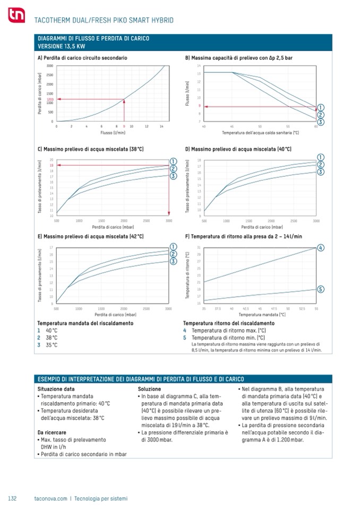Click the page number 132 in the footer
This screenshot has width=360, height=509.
[x=13, y=498]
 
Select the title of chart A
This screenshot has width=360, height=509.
[x=82, y=57]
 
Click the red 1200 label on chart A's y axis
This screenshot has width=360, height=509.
[x=50, y=99]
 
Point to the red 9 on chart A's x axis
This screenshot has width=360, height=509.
[x=124, y=126]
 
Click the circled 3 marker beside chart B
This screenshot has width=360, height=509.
[x=321, y=122]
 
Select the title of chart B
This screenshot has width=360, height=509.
[x=238, y=57]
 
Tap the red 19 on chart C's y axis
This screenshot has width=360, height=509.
[x=52, y=165]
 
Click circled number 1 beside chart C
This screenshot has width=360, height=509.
[x=173, y=161]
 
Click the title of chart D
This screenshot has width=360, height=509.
[x=238, y=149]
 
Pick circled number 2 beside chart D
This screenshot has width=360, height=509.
[x=321, y=165]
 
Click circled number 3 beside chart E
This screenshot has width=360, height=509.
[x=173, y=261]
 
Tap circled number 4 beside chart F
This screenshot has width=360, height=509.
[x=321, y=248]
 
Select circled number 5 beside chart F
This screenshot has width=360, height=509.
[x=321, y=289]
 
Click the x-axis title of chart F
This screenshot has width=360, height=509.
[x=260, y=314]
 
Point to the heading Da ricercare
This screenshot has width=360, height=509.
[x=52, y=433]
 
